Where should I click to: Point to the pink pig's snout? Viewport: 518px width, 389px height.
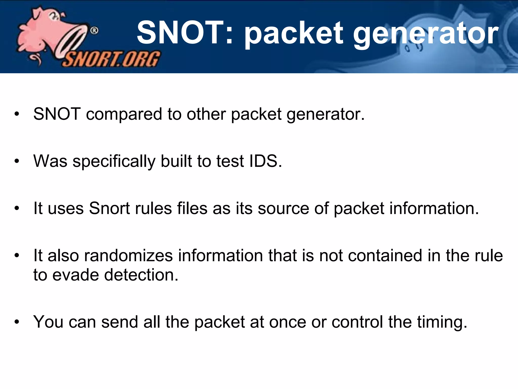point(73,41)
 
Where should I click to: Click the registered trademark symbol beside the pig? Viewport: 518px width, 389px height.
point(94,31)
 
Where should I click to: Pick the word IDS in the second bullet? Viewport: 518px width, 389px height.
point(265,161)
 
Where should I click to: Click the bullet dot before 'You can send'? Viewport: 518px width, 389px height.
point(17,322)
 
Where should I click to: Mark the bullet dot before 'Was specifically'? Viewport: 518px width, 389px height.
point(17,161)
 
